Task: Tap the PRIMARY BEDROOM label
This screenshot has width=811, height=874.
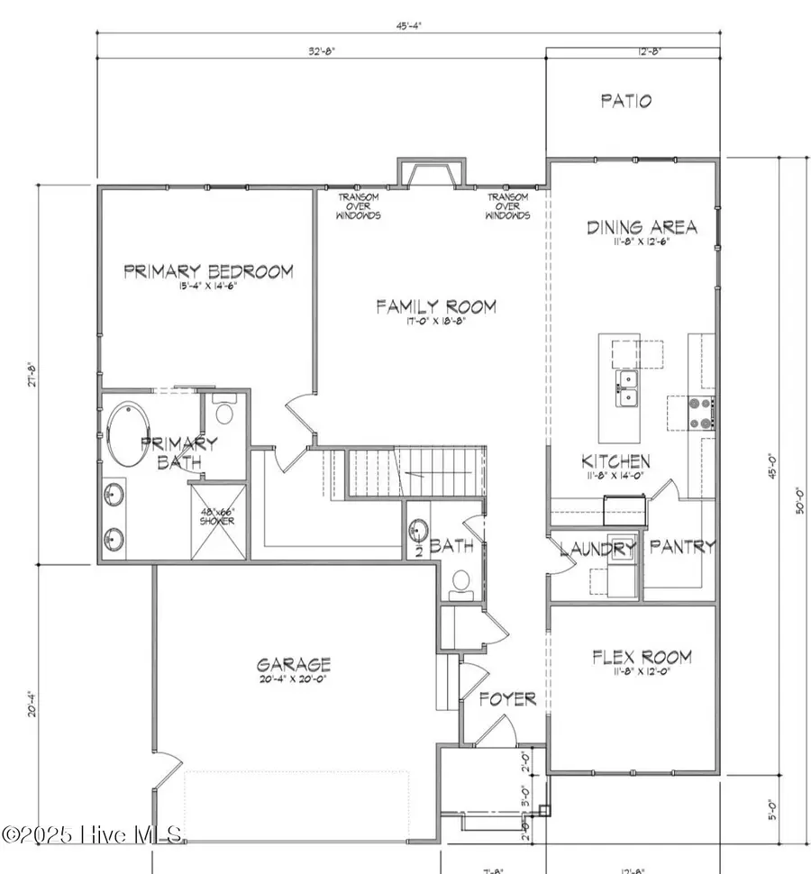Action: [208, 271]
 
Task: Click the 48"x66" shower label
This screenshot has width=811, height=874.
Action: [217, 515]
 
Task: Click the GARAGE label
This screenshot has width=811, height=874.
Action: [292, 665]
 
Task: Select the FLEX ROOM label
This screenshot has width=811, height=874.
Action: [642, 656]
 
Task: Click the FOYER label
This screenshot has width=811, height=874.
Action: [507, 698]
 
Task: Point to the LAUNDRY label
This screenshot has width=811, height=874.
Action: [598, 548]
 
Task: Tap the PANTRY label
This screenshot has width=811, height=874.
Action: [682, 546]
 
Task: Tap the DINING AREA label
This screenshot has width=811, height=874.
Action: [642, 226]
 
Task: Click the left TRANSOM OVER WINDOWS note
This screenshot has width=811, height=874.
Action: [359, 206]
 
